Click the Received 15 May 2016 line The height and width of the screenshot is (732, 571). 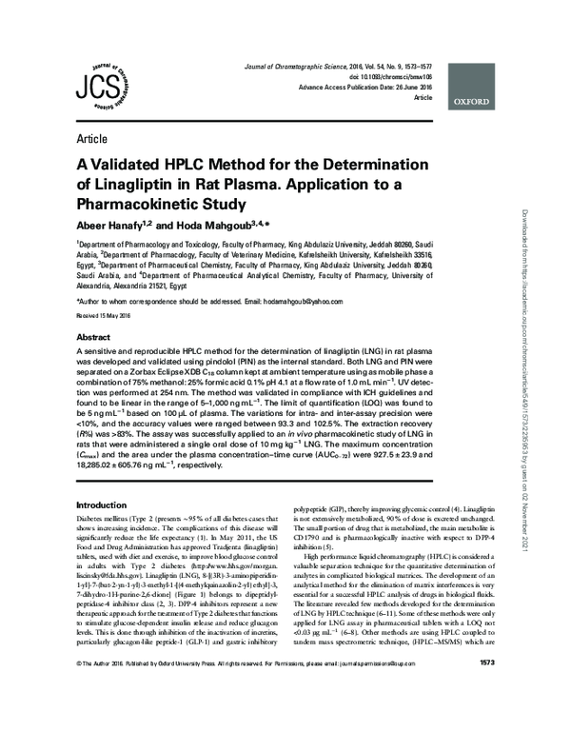[106, 314]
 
